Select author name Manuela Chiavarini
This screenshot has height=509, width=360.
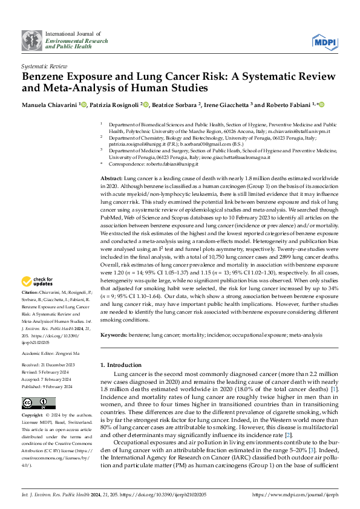pos(47,105)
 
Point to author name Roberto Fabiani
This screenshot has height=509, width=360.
pos(287,105)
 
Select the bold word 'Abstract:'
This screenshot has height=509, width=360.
pos(111,180)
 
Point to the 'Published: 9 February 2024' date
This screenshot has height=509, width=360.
pos(48,369)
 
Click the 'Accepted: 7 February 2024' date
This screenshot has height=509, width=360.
pos(47,362)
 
